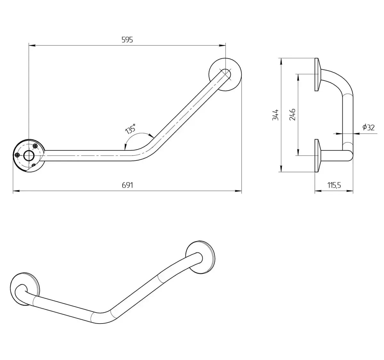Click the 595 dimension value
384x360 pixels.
tap(127, 40)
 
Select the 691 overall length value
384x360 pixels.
tap(127, 185)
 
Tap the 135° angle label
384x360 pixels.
tap(131, 129)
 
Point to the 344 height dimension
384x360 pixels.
tap(276, 115)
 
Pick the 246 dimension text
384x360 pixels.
tap(292, 115)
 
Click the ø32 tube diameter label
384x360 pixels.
tap(369, 127)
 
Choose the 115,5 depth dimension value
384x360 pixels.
tap(334, 185)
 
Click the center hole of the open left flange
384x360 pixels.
tap(29, 155)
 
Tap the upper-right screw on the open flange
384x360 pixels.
tap(35, 146)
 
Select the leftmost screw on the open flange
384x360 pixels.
tap(17, 155)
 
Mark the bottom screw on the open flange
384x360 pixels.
tap(34, 165)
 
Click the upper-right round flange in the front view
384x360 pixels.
tap(225, 75)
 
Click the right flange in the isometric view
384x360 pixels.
tap(200, 257)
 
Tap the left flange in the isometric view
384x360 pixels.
tap(25, 289)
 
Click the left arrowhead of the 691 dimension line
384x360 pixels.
tap(16, 191)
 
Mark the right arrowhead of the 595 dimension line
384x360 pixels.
tap(222, 45)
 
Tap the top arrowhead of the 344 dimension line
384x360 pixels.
tap(281, 61)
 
